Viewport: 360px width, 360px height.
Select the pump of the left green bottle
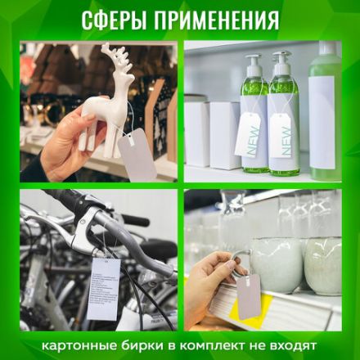point(253,64)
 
